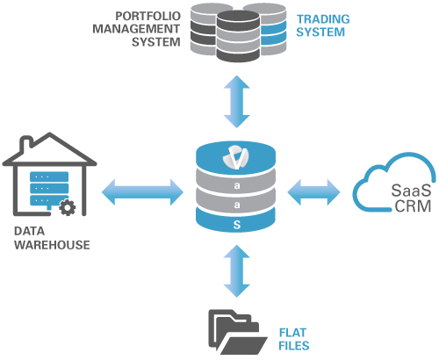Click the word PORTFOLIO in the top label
click(x=150, y=15)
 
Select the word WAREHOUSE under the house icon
click(x=51, y=245)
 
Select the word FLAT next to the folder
click(x=291, y=333)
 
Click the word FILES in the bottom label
click(x=293, y=345)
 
